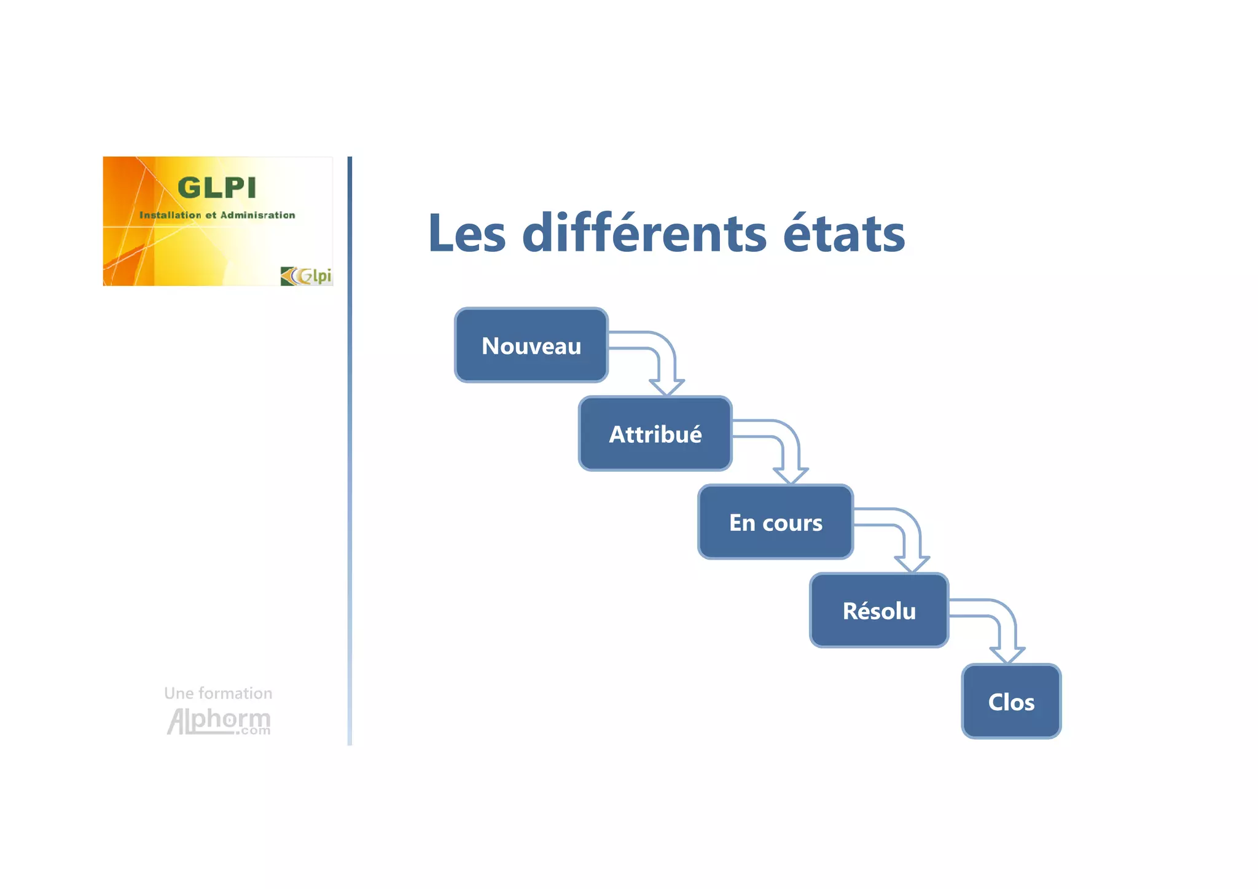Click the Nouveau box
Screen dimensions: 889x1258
[x=531, y=345]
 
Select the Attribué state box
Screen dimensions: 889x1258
[x=655, y=434]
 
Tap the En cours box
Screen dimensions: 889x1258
[x=775, y=522]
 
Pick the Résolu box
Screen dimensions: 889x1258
[x=879, y=611]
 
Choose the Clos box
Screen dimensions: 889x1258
[x=1011, y=702]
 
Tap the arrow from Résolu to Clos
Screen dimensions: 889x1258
[x=1006, y=630]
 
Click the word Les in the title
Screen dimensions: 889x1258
[x=467, y=233]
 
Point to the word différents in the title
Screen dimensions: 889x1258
[x=644, y=233]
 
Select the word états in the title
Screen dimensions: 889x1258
[x=844, y=233]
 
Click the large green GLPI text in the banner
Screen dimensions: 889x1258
[x=217, y=188]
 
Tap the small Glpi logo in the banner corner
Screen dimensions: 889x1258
[x=307, y=276]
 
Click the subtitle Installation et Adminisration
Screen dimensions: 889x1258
[x=217, y=215]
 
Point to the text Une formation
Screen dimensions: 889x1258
[x=218, y=693]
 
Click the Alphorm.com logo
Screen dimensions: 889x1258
[x=219, y=721]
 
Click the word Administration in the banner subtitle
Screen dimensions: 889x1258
[x=257, y=215]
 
